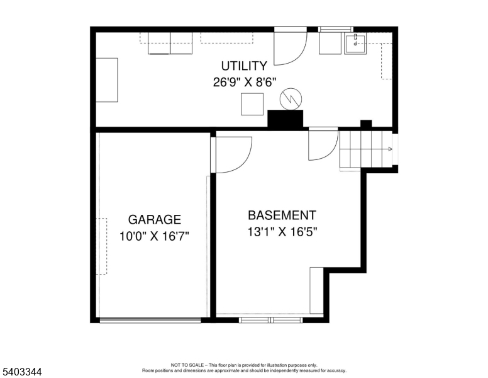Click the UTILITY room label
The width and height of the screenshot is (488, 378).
(244, 66)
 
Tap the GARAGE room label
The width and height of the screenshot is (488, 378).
(154, 220)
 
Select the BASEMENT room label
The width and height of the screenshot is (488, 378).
(282, 215)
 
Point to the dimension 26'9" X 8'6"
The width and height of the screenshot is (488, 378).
(245, 83)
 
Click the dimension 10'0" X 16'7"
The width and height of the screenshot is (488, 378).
(154, 236)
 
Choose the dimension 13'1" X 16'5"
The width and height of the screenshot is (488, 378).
(282, 232)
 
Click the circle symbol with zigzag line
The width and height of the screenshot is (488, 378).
(291, 99)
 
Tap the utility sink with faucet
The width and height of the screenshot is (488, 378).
(355, 43)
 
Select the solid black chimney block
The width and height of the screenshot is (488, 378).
(286, 118)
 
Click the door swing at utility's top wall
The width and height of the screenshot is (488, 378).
(291, 46)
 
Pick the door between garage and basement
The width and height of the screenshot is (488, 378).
(231, 155)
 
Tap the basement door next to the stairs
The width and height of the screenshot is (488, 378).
(323, 144)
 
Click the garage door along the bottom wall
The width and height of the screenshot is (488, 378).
(150, 319)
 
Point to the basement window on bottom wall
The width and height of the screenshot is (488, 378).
(271, 319)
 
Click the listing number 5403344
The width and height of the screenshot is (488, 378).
(22, 372)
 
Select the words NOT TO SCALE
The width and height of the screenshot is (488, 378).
(187, 365)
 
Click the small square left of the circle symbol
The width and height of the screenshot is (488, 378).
(252, 104)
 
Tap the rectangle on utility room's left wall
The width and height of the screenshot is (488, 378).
(107, 80)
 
